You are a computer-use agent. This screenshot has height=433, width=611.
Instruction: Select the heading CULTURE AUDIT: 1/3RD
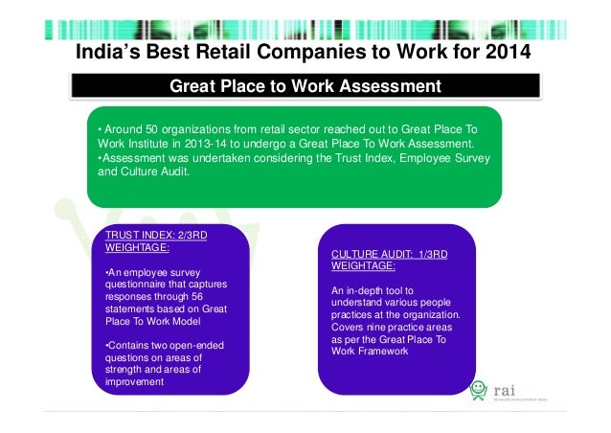pyautogui.click(x=389, y=254)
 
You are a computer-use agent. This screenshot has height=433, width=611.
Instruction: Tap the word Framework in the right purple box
pyautogui.click(x=384, y=351)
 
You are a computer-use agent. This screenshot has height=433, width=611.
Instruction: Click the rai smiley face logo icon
pyautogui.click(x=479, y=390)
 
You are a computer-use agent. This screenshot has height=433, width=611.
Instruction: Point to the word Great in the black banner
pyautogui.click(x=192, y=88)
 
